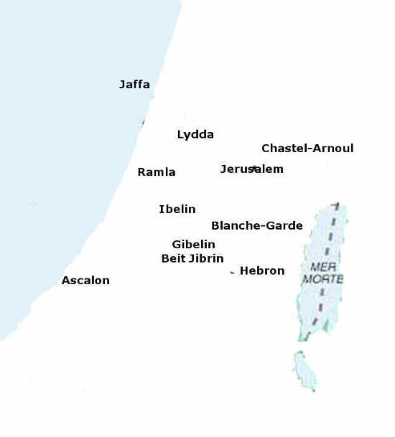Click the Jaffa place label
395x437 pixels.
134,85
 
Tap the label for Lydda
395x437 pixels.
195,134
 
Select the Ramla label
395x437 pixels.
156,172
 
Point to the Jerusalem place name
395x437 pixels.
251,169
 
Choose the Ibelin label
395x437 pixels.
177,210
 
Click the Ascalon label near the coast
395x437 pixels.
85,281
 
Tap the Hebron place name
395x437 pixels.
262,271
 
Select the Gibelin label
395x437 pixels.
193,245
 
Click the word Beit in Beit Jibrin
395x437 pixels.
173,258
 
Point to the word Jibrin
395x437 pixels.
206,258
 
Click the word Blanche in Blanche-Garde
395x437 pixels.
233,225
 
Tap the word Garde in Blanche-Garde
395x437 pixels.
284,225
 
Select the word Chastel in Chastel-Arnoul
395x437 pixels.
283,149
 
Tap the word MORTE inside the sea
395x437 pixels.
322,278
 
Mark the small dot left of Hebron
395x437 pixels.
232,273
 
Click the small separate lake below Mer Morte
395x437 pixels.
305,370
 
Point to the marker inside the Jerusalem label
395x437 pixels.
253,168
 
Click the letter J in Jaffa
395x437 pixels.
122,85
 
